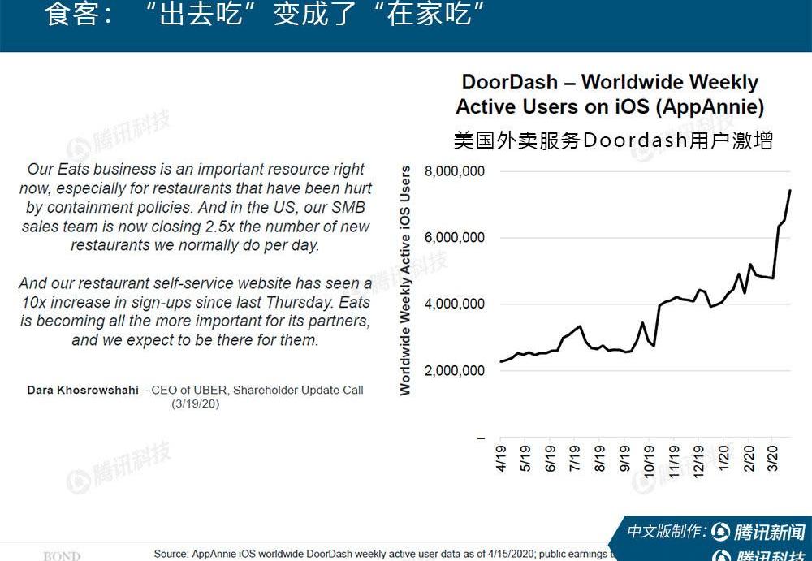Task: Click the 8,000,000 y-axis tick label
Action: tap(455, 171)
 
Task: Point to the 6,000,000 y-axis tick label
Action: tap(455, 238)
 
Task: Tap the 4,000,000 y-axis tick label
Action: tap(455, 304)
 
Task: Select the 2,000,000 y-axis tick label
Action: tap(455, 371)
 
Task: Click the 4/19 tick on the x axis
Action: tap(501, 457)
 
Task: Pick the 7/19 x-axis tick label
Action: tap(576, 457)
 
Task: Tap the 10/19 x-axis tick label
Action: tap(650, 459)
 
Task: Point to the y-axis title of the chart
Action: tap(405, 281)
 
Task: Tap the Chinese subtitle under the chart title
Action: tap(613, 140)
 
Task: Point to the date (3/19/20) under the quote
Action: tap(195, 403)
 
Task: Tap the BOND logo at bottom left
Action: tap(62, 556)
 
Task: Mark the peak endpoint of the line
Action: tap(790, 190)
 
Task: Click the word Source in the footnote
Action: tap(171, 554)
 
